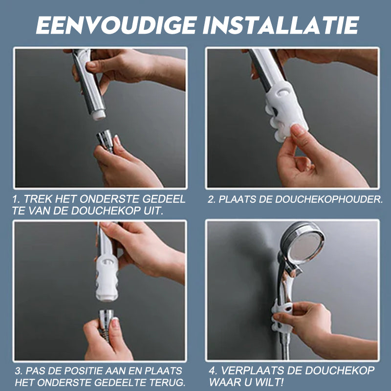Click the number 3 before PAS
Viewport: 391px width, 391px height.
[18, 370]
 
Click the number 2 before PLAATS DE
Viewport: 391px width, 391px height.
[211, 199]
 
